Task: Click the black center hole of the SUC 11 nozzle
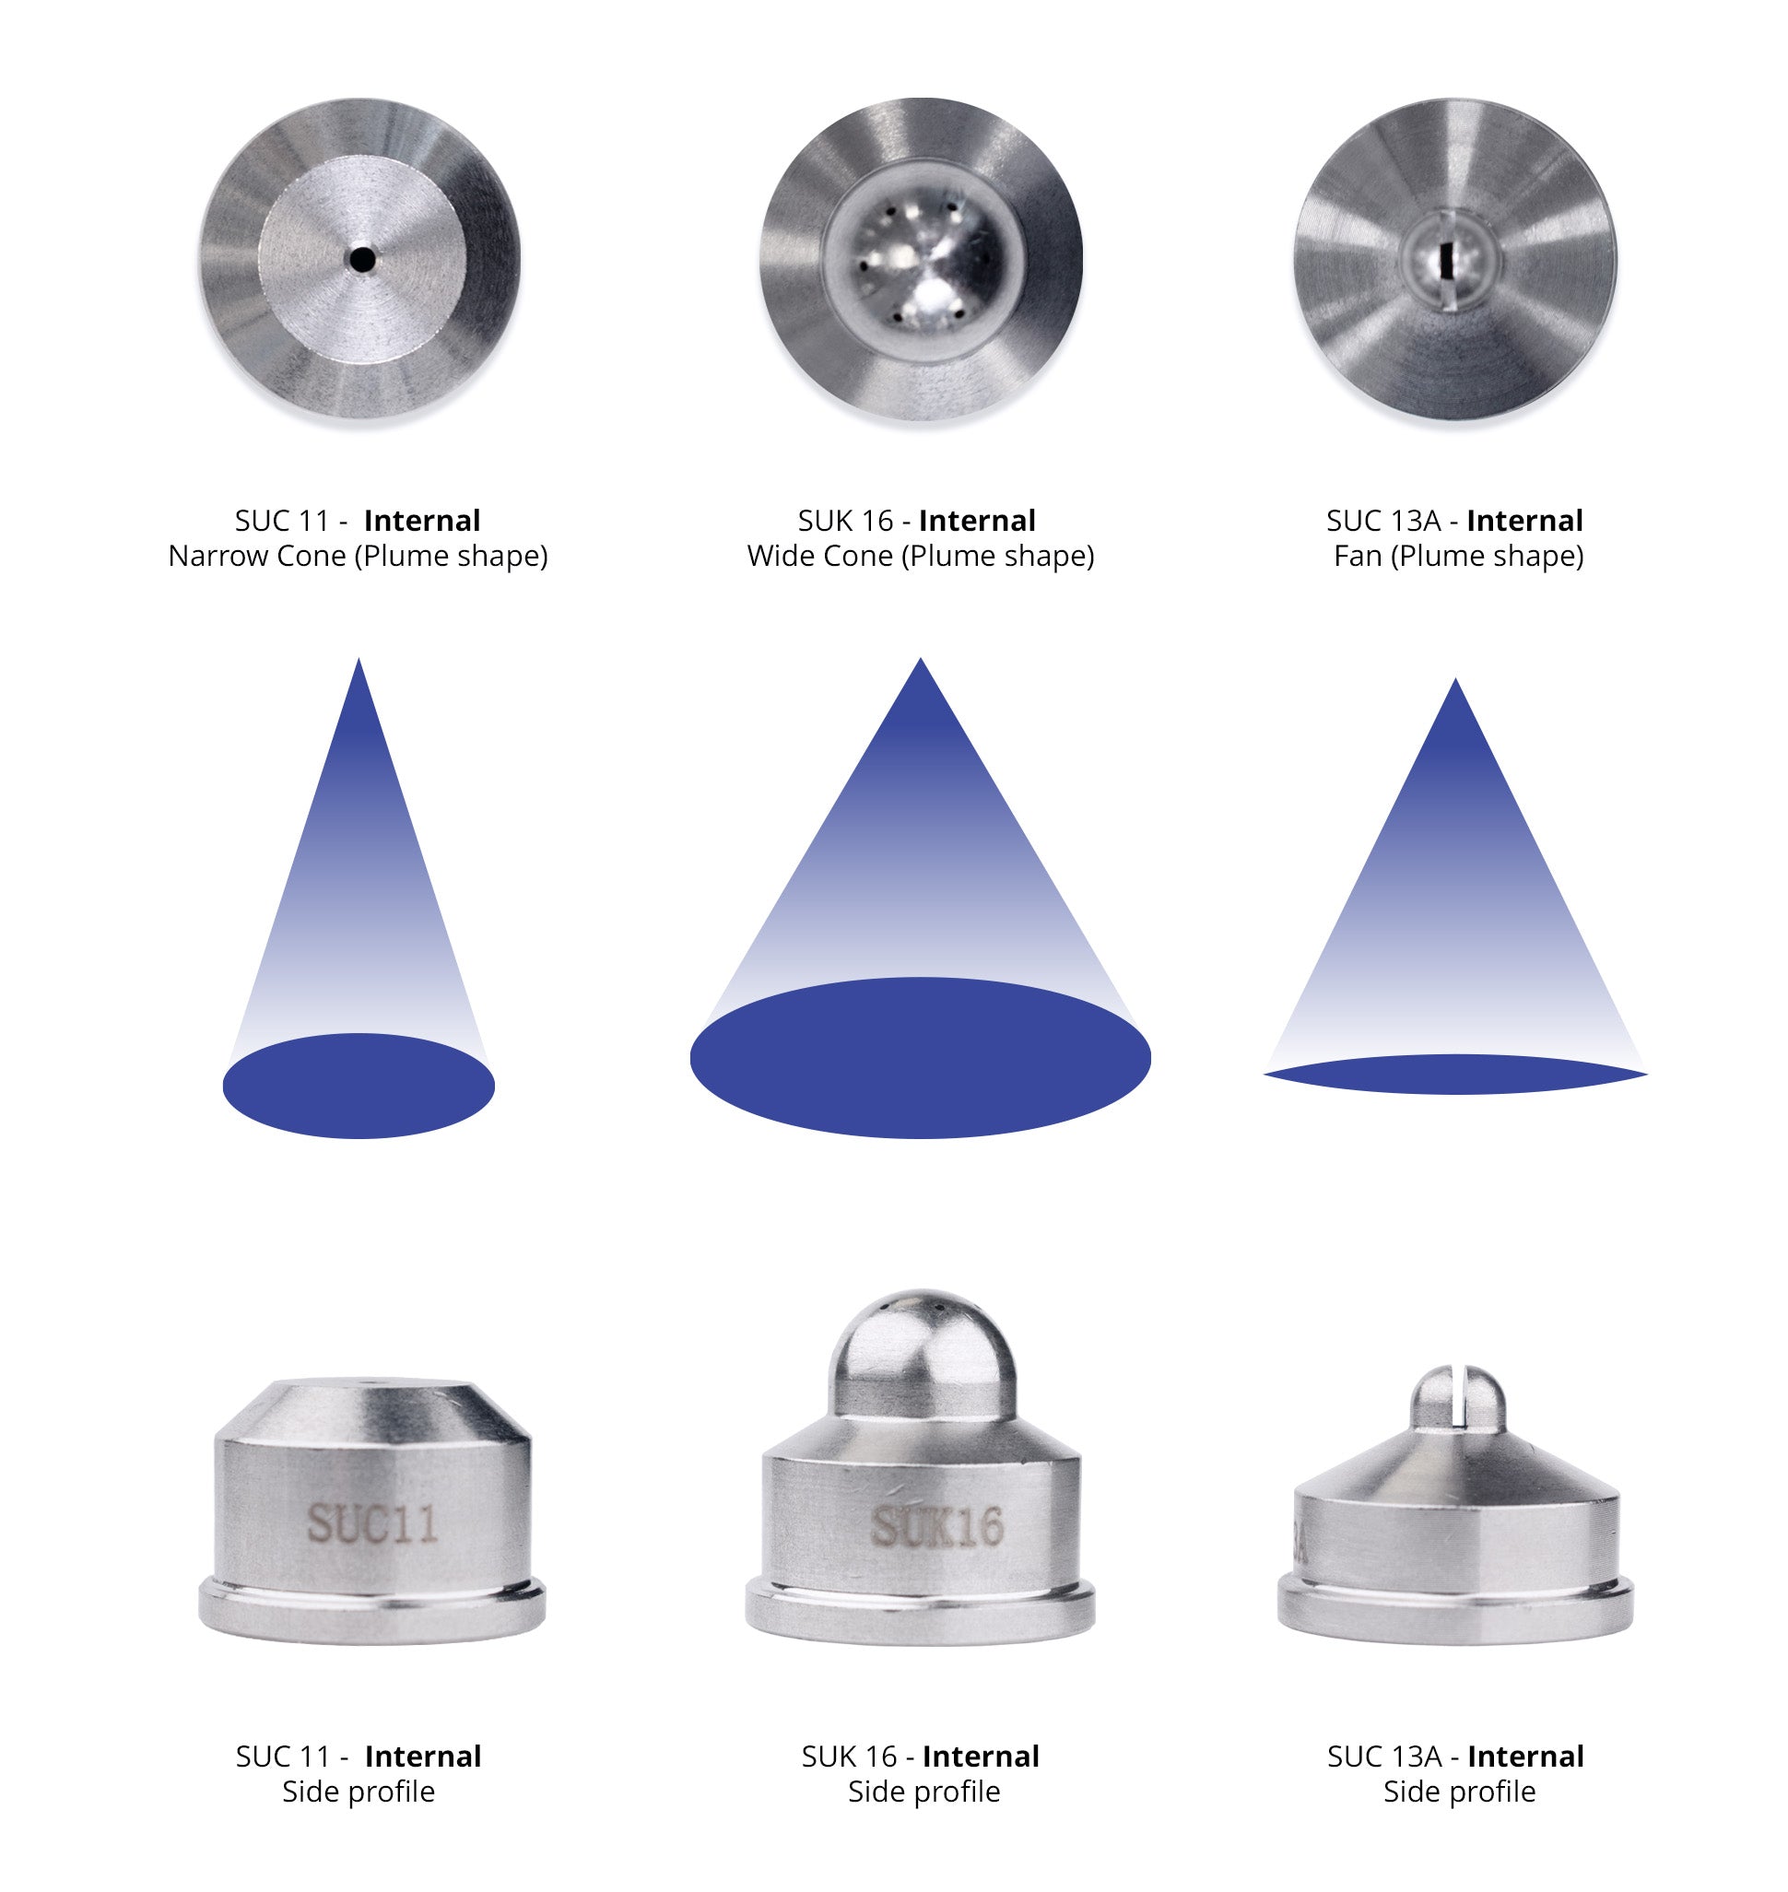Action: pos(361,258)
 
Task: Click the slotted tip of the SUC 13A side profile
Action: pos(1457,1399)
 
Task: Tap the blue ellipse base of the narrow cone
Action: pos(359,1085)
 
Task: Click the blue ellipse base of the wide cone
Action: pos(921,1057)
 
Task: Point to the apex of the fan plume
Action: pos(1455,678)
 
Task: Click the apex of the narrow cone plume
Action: pos(359,659)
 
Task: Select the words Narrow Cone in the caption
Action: pos(256,556)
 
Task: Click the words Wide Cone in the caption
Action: pos(820,556)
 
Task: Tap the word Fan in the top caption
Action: pos(1359,556)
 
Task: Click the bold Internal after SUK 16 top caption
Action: pos(977,521)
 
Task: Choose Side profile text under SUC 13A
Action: pos(1459,1791)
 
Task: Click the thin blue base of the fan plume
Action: pos(1455,1075)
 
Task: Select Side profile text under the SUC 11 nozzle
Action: pos(359,1791)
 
